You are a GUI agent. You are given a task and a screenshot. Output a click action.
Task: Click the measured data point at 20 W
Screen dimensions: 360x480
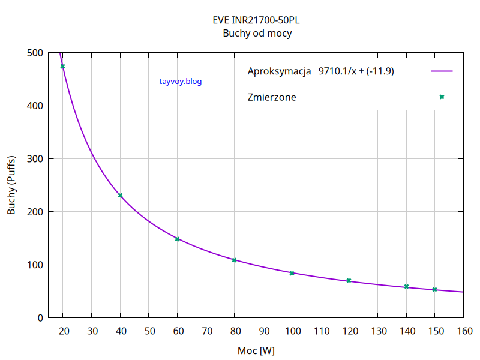[62, 66]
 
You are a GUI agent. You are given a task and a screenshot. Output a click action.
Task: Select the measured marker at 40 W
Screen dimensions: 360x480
[120, 195]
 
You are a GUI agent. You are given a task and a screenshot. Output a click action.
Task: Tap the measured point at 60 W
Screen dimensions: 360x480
[177, 239]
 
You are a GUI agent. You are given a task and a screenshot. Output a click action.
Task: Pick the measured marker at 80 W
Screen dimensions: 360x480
[235, 260]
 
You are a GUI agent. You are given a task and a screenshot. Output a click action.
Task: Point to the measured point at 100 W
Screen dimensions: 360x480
[292, 273]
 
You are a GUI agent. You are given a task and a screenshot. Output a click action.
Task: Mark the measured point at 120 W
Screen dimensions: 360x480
[349, 281]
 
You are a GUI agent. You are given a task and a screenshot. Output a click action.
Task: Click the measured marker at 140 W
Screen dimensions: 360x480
[406, 287]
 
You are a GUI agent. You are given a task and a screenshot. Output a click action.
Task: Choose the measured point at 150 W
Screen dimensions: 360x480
[434, 289]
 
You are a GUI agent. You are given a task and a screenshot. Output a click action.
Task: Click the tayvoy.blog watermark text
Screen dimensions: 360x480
[181, 82]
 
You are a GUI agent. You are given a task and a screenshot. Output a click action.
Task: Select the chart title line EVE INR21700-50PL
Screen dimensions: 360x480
[257, 20]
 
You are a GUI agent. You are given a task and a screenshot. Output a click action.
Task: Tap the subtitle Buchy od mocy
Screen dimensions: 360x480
[257, 34]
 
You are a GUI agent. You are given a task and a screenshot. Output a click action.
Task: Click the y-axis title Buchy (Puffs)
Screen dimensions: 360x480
[11, 185]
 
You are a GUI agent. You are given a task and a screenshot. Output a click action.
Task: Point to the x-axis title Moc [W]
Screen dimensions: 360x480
[256, 350]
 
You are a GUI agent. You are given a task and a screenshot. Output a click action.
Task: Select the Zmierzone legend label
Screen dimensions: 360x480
[272, 97]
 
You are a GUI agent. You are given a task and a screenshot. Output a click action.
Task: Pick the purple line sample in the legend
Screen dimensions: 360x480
[442, 71]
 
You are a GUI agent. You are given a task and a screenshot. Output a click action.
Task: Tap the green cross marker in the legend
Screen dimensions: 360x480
[442, 97]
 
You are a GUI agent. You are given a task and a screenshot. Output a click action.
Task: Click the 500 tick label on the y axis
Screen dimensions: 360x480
[35, 53]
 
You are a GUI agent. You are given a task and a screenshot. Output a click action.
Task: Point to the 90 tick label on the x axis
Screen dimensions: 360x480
[263, 330]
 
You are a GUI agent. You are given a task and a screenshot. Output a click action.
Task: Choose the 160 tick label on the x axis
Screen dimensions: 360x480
[463, 330]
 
